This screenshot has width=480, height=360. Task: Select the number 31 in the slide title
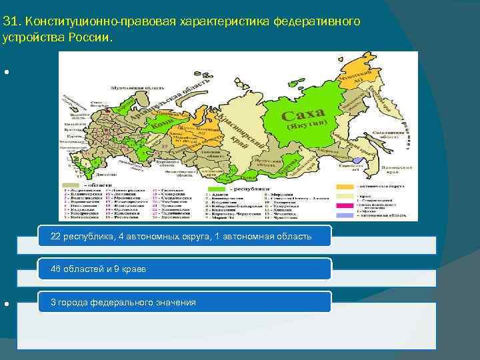coord(9,22)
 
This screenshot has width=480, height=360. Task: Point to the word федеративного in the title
coord(317,22)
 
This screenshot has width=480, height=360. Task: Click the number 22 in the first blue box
coord(57,237)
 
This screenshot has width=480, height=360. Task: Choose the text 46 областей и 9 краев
coord(99,269)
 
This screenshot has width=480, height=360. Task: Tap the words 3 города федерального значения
coord(123,303)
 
